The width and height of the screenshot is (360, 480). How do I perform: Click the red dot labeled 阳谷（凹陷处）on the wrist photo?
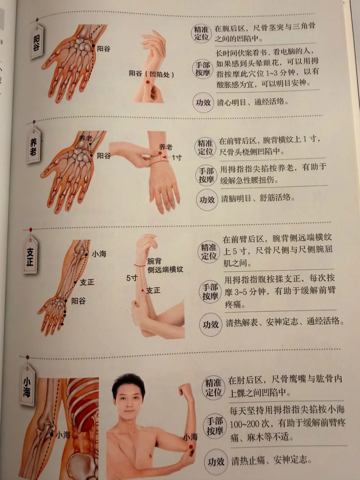click(x=148, y=82)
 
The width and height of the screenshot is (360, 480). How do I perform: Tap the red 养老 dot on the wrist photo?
click(x=160, y=153)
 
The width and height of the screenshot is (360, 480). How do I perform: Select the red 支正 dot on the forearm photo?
click(x=143, y=290)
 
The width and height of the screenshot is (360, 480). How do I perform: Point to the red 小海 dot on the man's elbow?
click(x=191, y=447)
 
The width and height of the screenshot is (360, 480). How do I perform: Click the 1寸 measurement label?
click(x=177, y=157)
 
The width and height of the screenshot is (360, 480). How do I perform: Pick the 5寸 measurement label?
click(x=132, y=278)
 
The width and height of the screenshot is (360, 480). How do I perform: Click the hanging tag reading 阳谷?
click(x=37, y=42)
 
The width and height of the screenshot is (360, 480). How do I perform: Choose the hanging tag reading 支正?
click(x=30, y=255)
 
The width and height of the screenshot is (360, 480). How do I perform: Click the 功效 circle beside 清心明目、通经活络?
click(x=203, y=102)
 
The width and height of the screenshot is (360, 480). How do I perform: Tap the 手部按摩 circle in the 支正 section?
click(x=210, y=292)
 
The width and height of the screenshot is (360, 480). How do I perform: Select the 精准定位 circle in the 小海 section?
click(x=213, y=388)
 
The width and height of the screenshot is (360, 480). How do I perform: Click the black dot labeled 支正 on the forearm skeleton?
click(x=75, y=283)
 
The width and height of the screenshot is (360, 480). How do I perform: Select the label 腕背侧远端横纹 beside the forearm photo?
click(x=165, y=265)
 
